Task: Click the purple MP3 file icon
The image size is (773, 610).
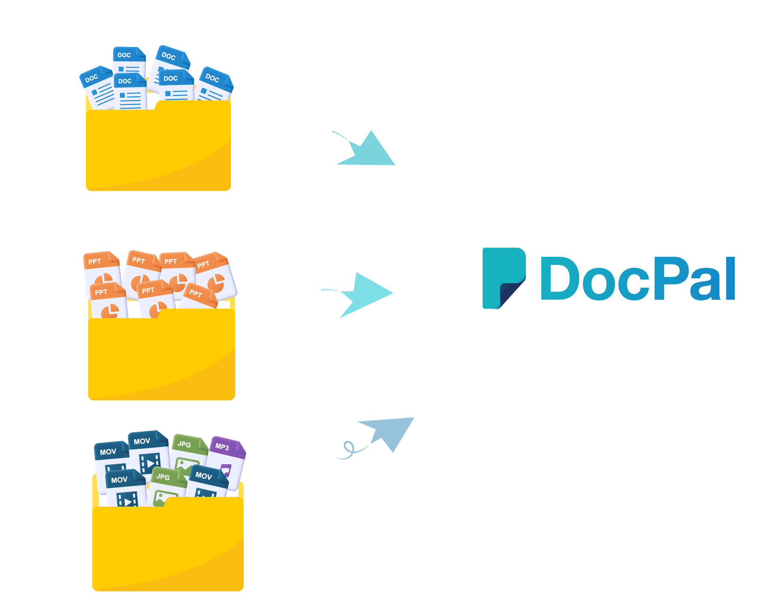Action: (x=227, y=462)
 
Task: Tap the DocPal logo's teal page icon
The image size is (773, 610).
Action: (x=504, y=278)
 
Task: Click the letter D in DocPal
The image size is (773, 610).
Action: (x=559, y=279)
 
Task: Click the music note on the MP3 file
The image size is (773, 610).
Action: (x=226, y=471)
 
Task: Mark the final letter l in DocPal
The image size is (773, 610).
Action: (x=730, y=279)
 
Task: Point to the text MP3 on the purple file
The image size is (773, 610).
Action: (x=222, y=447)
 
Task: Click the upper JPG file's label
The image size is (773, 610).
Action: (x=184, y=444)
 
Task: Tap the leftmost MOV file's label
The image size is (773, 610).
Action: (x=108, y=452)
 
